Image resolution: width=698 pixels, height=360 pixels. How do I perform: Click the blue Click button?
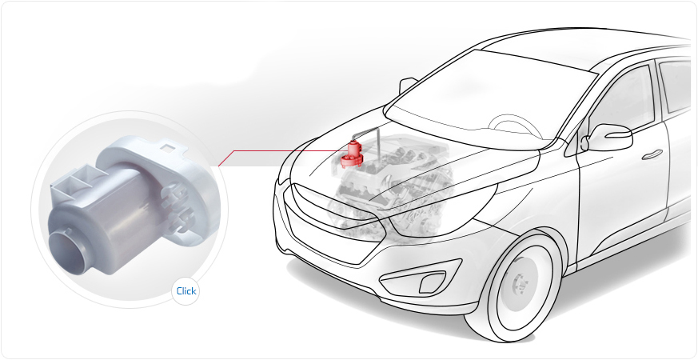click(185, 291)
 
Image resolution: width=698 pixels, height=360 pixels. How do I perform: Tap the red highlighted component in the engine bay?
click(352, 154)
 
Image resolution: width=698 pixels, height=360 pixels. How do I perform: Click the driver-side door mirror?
click(608, 137)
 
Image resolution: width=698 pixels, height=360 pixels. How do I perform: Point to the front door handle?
click(652, 154)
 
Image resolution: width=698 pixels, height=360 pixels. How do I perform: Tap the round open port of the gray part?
click(67, 252)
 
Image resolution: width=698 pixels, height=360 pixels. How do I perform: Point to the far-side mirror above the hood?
click(406, 85)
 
